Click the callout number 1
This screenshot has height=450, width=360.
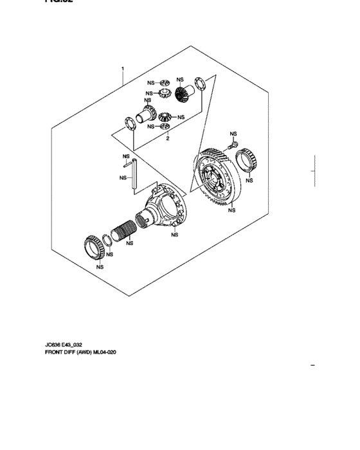pyautogui.click(x=122, y=66)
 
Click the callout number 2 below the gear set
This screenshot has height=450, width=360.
pyautogui.click(x=167, y=138)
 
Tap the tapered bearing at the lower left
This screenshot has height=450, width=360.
pyautogui.click(x=96, y=247)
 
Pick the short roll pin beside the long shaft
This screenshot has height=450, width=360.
pyautogui.click(x=127, y=165)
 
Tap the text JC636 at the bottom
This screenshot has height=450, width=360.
pyautogui.click(x=54, y=345)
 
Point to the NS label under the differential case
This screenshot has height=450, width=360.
pyautogui.click(x=174, y=235)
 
